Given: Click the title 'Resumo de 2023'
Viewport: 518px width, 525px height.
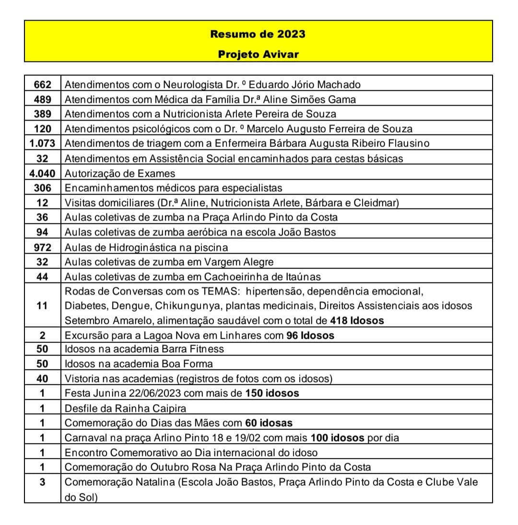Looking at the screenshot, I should point(258,34).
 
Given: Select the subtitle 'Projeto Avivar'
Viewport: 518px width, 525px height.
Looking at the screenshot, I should point(258,54).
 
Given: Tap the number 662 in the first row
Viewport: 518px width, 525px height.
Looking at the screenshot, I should point(43,85).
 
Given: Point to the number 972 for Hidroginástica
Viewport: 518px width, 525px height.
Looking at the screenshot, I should point(43,247).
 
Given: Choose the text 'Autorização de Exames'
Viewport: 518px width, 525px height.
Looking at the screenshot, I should point(120,173).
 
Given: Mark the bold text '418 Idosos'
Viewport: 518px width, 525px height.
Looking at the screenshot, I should point(357,320).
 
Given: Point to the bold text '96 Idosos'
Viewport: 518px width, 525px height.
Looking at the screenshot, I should point(310,335).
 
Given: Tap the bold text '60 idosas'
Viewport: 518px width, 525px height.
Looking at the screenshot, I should point(269,423).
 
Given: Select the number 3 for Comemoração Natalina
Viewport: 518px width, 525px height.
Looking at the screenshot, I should point(43,482).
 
